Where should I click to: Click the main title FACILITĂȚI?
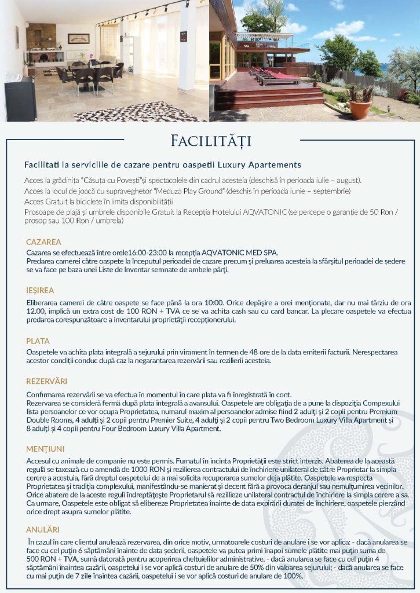coord(210,141)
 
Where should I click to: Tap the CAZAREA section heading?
coord(43,241)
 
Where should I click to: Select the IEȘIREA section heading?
coord(40,290)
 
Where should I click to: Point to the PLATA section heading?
coord(38,341)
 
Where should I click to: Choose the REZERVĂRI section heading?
coord(46,381)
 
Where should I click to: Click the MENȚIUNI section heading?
coord(45,449)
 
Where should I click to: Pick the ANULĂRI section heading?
coord(42,529)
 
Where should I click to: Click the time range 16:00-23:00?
coord(147,252)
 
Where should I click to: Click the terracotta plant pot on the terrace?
coord(360,109)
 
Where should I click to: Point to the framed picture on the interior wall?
coord(78,39)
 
